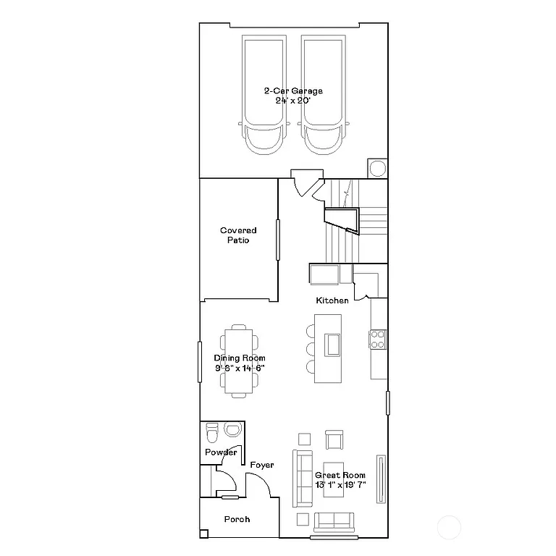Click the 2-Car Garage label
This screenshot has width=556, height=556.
[292, 91]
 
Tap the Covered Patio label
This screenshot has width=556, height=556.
[238, 235]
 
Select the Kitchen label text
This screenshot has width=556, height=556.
[332, 300]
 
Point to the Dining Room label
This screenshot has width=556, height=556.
[240, 358]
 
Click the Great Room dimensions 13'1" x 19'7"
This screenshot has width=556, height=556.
[340, 485]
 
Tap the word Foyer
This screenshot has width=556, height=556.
[261, 465]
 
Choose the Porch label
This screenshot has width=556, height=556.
[237, 519]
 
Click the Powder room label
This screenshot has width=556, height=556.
[221, 452]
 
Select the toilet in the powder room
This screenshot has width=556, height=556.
[212, 433]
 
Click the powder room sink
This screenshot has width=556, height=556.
[232, 431]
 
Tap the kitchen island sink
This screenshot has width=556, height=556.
[332, 344]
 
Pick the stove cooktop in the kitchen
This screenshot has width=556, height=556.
[378, 339]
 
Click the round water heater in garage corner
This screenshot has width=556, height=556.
[377, 169]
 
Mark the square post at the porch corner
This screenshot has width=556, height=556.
[204, 534]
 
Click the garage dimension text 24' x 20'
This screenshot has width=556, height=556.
[292, 101]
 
